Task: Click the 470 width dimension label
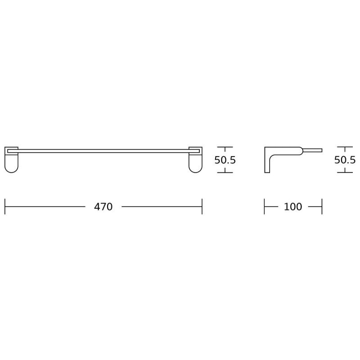[x=103, y=207]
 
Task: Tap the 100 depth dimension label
[x=293, y=207]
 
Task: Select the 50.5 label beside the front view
[x=225, y=160]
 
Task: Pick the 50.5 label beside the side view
[x=345, y=160]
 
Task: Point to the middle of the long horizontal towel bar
[x=103, y=150]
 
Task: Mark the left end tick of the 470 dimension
[x=5, y=207]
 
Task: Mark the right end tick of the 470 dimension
[x=202, y=207]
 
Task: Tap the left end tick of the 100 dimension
[x=264, y=207]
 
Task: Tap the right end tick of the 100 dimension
[x=322, y=207]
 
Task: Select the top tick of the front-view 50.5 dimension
[x=225, y=147]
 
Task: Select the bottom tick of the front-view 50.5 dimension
[x=225, y=172]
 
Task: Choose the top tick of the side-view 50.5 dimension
[x=345, y=147]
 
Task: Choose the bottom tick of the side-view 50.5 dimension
[x=345, y=172]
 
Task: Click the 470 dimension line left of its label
[x=45, y=207]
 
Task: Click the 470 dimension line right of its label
[x=162, y=207]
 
